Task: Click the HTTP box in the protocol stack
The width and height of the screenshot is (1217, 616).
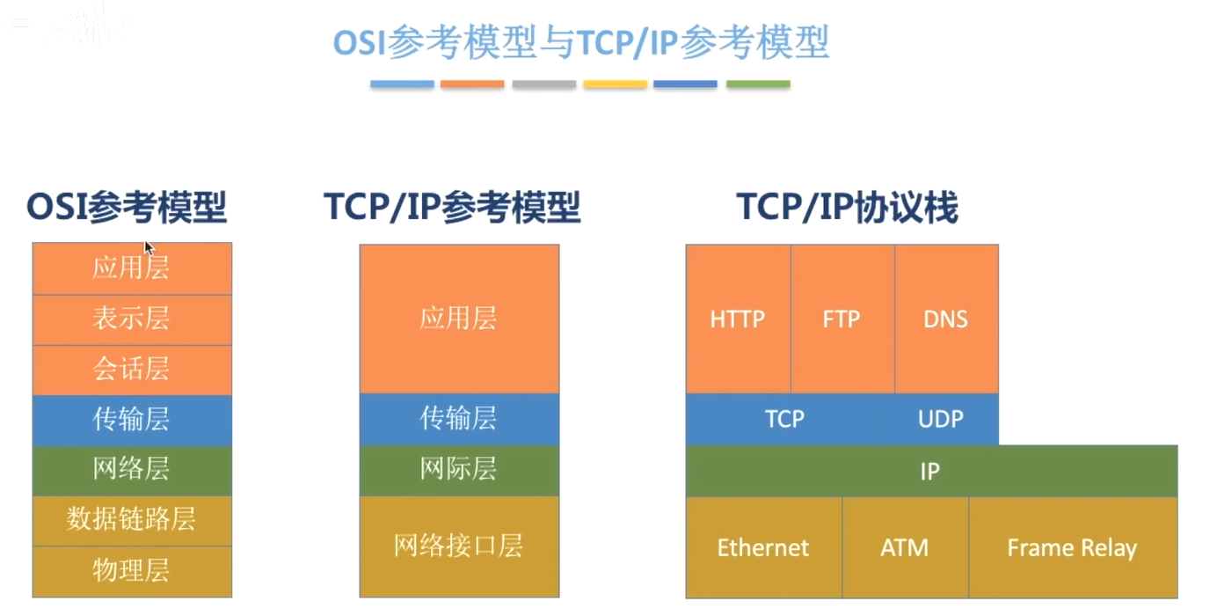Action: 738,319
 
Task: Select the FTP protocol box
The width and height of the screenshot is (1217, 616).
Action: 842,319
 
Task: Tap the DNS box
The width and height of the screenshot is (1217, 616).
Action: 946,319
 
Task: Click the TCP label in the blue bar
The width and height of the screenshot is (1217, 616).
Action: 784,419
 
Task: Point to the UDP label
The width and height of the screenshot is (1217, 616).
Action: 941,419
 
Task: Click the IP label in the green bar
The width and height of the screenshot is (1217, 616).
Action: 929,472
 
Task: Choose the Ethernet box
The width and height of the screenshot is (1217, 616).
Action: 764,547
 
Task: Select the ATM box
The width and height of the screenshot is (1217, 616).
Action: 905,547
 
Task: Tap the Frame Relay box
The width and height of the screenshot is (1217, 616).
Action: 1073,547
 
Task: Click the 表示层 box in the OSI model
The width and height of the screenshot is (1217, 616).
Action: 132,319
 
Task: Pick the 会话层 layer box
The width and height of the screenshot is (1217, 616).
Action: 132,370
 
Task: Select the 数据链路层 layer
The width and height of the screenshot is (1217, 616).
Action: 132,520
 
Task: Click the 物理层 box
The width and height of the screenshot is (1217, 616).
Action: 132,572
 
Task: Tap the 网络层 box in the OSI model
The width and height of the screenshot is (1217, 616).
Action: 132,470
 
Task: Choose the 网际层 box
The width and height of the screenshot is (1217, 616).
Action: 459,470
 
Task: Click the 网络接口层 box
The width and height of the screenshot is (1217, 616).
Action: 459,546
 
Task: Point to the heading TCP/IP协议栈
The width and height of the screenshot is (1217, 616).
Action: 847,208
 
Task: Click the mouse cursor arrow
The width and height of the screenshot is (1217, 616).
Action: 149,248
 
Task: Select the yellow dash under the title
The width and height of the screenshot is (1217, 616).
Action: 615,84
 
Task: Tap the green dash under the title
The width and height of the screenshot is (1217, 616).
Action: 758,84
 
